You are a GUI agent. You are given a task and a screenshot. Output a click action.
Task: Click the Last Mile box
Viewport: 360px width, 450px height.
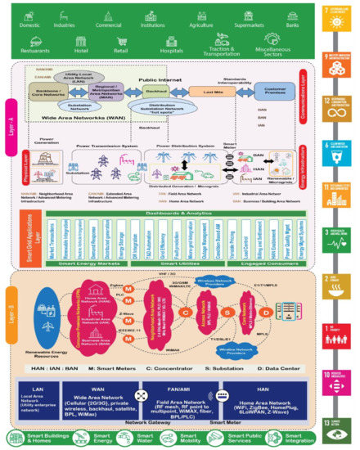(x=206, y=92)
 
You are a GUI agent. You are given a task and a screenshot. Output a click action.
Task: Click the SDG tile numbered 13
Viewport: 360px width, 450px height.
(x=335, y=424)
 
